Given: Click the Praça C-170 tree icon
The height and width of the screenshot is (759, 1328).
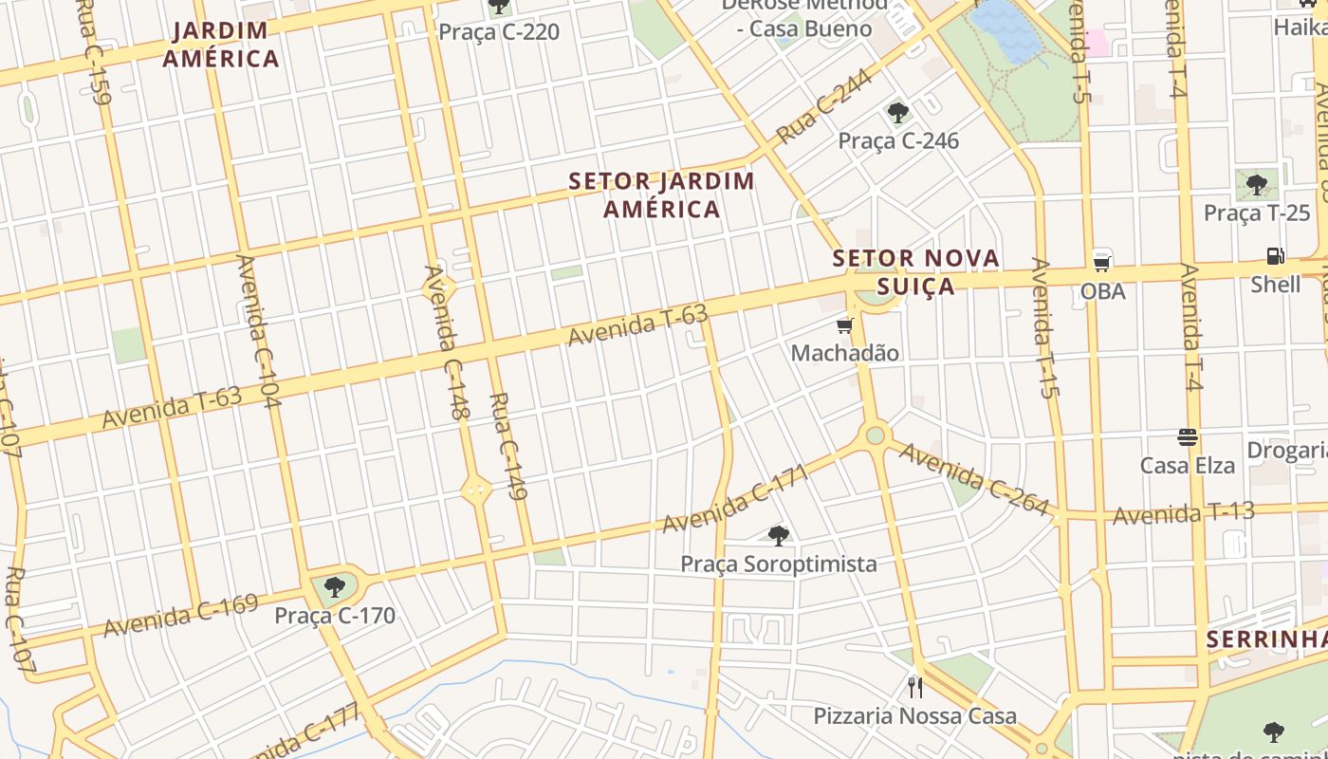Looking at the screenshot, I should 334,587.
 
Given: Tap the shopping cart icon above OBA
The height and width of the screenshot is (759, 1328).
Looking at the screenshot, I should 1101,262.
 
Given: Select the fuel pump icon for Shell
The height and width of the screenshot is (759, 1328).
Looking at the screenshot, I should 1275,256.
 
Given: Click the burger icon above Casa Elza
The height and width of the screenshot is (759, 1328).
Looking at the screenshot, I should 1187,437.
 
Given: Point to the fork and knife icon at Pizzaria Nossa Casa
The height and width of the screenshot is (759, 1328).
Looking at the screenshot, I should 914,687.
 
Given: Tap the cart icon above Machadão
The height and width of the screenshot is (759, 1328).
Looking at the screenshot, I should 844,326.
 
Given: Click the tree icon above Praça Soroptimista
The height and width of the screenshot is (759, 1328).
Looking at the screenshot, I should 778,536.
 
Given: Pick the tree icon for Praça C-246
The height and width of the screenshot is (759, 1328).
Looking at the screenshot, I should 897,114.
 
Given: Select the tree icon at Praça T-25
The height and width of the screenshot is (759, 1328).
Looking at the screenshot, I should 1257,184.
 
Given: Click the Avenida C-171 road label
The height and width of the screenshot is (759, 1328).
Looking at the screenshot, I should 735,498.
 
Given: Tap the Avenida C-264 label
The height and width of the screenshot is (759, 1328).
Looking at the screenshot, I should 974,480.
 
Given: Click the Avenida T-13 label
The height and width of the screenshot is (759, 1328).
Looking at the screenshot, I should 1183,513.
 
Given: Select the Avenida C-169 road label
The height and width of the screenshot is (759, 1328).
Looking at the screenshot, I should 180,616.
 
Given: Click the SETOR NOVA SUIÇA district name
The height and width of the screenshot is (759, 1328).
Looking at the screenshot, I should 915,271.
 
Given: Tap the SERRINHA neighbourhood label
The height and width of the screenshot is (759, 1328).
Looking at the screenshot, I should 1266,639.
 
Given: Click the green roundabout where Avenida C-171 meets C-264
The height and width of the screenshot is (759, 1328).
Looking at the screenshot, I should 876,435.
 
